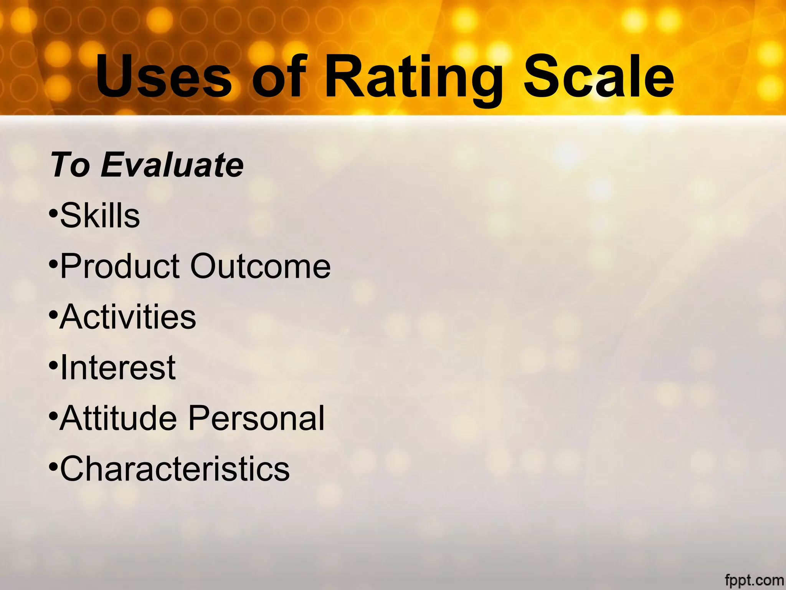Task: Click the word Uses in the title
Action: click(164, 76)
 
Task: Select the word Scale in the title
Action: click(599, 76)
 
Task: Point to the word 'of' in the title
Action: click(279, 76)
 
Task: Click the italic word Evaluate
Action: click(172, 165)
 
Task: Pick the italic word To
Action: click(70, 165)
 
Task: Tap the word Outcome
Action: click(261, 266)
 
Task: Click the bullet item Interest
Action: click(118, 367)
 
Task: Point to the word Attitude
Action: click(118, 418)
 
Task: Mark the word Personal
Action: click(256, 419)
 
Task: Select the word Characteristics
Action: click(175, 469)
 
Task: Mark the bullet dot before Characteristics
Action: click(53, 466)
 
